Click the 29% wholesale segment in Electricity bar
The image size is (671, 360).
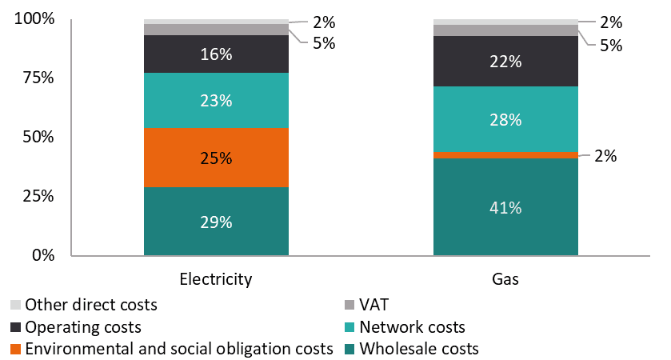(216, 222)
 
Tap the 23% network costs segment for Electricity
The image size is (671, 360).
(216, 101)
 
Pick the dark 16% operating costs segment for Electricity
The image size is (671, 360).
(216, 54)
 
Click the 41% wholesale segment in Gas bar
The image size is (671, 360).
(505, 207)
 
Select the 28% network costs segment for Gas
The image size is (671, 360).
(505, 119)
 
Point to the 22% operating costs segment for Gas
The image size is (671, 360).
(505, 61)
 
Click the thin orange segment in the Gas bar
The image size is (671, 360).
(505, 154)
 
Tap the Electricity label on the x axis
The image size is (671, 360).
(216, 279)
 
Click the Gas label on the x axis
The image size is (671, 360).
(505, 279)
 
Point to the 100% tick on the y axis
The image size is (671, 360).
(34, 19)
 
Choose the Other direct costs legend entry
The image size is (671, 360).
(91, 305)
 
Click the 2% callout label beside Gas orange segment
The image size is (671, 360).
(605, 157)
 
